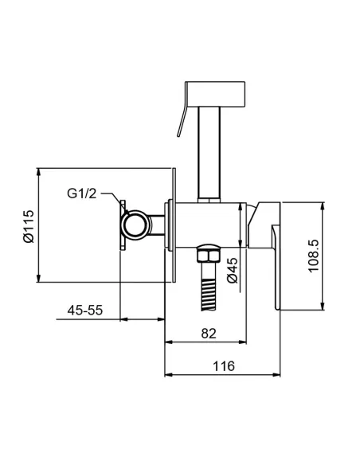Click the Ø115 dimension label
pyautogui.click(x=29, y=226)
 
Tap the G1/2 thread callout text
pyautogui.click(x=82, y=193)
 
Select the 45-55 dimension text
pyautogui.click(x=85, y=311)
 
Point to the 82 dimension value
pyautogui.click(x=209, y=334)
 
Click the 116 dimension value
pyautogui.click(x=224, y=366)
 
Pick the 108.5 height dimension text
pyautogui.click(x=314, y=256)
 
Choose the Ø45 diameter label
pyautogui.click(x=233, y=270)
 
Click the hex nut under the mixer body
pyautogui.click(x=209, y=253)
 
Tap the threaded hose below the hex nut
pyautogui.click(x=209, y=287)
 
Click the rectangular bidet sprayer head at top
pyautogui.click(x=215, y=94)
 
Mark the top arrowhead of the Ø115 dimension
pyautogui.click(x=38, y=172)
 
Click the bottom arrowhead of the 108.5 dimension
pyautogui.click(x=323, y=306)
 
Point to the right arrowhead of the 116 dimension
pyautogui.click(x=276, y=374)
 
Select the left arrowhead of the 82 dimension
pyautogui.click(x=169, y=342)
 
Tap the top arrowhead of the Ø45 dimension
pyautogui.click(x=240, y=207)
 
